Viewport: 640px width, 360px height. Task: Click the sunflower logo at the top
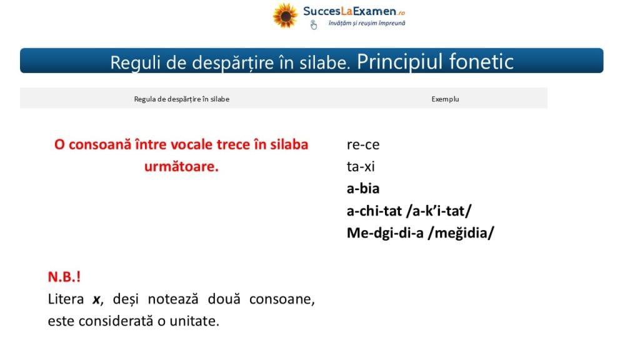[x=285, y=16]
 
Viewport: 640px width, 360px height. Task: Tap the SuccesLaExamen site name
[x=354, y=11]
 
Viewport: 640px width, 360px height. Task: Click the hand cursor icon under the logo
[x=313, y=25]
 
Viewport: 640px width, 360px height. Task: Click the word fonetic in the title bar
[x=481, y=62]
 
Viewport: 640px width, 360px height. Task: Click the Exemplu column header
[x=445, y=99]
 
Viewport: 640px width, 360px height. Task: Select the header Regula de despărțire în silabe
[x=182, y=99]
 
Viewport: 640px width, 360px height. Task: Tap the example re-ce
[x=363, y=145]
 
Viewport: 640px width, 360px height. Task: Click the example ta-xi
[x=361, y=166]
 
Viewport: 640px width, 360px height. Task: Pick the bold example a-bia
[x=363, y=189]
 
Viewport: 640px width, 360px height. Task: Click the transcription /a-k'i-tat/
[x=439, y=211]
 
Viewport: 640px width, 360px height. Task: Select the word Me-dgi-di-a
[x=385, y=233]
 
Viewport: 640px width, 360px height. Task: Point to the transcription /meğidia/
[x=461, y=233]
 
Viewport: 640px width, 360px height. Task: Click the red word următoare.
[x=181, y=166]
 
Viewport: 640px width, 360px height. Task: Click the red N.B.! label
[x=64, y=277]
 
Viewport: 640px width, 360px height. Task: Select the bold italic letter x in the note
[x=96, y=300]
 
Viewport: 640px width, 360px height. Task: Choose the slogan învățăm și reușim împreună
[x=367, y=23]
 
